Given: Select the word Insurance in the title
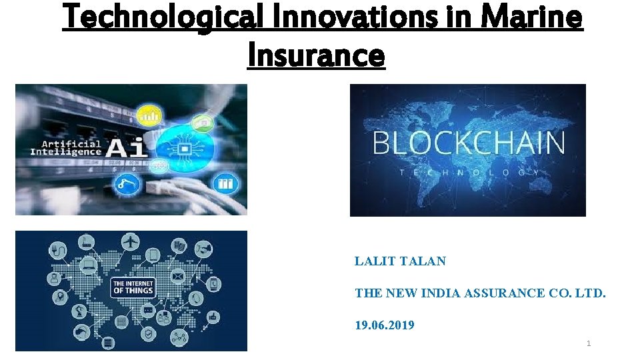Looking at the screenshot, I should [316, 55].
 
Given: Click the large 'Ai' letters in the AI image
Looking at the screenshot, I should [126, 147].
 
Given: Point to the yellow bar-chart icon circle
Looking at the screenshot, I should [149, 115].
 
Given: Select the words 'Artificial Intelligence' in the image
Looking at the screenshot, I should [66, 147].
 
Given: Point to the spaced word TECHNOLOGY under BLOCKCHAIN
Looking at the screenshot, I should [468, 172].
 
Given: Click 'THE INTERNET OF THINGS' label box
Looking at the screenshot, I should [133, 287].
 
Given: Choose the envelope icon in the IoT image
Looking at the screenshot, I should [178, 275].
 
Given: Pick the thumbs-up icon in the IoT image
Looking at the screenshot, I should [213, 318].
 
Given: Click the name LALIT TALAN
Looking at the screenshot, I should [400, 261].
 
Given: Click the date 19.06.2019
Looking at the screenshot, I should [384, 325].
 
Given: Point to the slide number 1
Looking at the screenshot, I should [589, 343].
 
